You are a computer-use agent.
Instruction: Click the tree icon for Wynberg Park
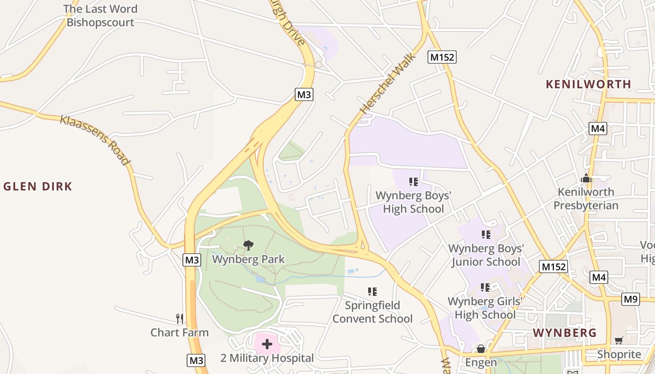point(248,245)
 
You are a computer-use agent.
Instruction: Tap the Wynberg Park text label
point(248,259)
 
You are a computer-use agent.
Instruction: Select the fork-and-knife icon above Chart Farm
point(180,319)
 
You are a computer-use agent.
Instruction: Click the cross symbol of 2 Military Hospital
point(267,345)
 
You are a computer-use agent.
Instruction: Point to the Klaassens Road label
point(95,139)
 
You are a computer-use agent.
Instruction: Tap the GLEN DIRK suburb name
point(38,187)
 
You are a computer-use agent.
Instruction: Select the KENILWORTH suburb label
point(589,85)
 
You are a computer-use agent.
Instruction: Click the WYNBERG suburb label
point(565,333)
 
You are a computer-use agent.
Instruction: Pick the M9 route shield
point(631,299)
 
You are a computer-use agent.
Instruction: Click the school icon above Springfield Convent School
point(372,292)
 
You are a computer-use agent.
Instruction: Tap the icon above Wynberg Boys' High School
point(413,181)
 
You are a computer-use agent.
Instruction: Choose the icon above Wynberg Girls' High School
point(485,288)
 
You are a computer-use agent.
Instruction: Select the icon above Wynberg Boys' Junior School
point(486,235)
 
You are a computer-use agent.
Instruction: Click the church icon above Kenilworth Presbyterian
point(586,178)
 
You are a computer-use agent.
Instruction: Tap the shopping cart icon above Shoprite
point(619,340)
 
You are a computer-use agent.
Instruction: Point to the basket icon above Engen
point(480,349)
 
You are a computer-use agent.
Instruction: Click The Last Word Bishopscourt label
point(100,15)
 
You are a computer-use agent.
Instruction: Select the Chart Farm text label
point(180,332)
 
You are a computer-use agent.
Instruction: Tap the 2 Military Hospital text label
point(267,359)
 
